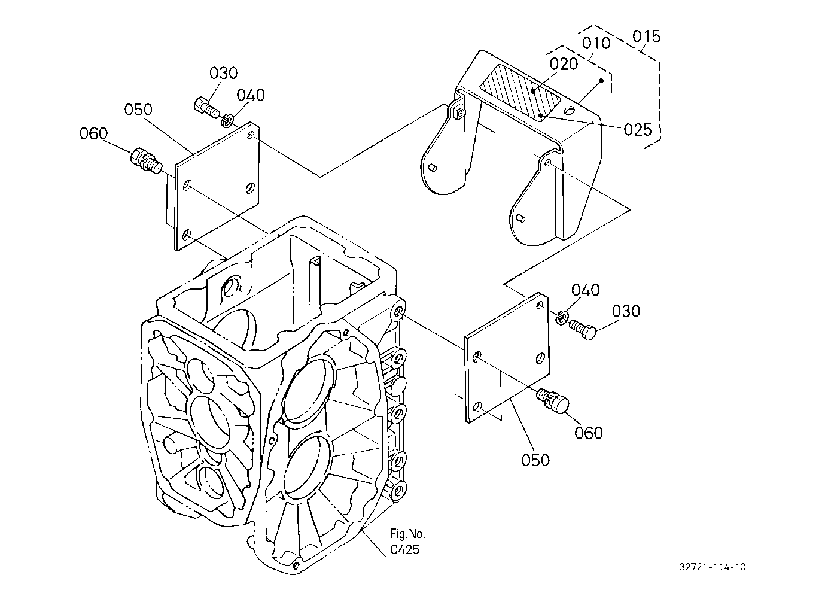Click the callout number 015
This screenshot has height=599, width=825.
point(646,37)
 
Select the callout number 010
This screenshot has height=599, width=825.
point(596,44)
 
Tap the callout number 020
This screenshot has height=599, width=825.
point(564,64)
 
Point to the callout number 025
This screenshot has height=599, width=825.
point(638,130)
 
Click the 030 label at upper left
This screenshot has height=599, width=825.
point(224,73)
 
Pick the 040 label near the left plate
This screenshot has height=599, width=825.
point(251,95)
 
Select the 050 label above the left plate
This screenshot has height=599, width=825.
point(138,110)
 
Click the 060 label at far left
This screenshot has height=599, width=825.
point(93,133)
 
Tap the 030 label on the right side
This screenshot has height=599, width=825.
point(626,311)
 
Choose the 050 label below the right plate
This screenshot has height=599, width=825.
point(535,460)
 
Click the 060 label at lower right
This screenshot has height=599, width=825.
point(589,433)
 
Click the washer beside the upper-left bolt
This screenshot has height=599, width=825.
point(227,120)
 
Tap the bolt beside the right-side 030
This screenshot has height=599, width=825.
point(583,329)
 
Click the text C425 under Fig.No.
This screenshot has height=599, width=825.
point(405,550)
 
